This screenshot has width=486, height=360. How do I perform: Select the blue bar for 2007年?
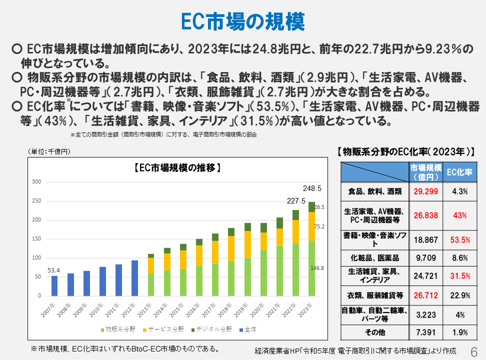tap(54, 285)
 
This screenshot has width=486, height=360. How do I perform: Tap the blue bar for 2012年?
tap(134, 278)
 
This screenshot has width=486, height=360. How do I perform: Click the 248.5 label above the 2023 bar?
tap(312, 189)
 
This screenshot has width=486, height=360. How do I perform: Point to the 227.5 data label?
tap(296, 201)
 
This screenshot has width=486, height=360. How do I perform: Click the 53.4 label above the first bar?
tap(54, 270)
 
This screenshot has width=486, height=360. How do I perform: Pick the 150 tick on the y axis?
tap(36, 239)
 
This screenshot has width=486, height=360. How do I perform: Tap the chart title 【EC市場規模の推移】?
tap(177, 167)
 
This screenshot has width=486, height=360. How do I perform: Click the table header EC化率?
tap(459, 172)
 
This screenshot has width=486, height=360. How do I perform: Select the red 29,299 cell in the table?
tap(425, 191)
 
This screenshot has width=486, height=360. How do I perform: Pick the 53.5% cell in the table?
tap(459, 240)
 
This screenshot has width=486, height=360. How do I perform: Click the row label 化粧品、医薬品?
tap(374, 258)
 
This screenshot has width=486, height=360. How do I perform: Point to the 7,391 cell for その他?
tap(425, 332)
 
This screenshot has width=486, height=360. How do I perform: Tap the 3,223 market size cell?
tap(425, 315)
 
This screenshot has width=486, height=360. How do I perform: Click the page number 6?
tap(474, 350)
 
